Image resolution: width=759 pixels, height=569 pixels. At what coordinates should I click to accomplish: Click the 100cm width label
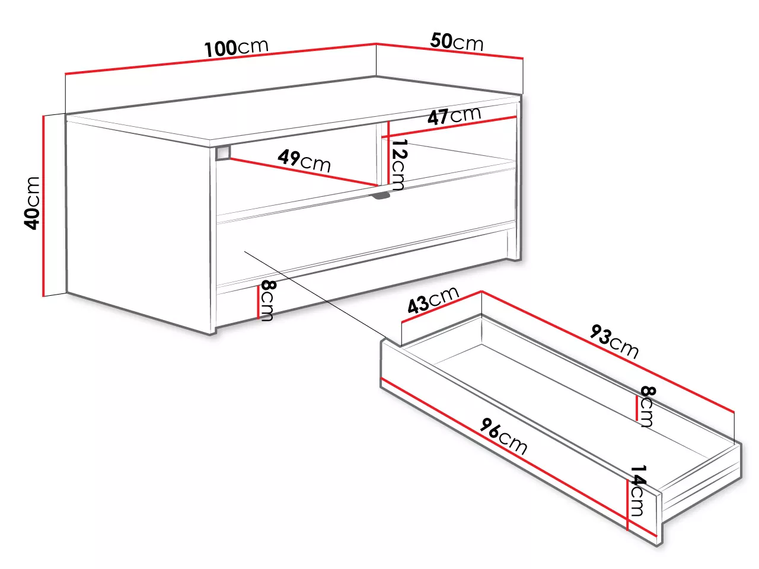(x=237, y=47)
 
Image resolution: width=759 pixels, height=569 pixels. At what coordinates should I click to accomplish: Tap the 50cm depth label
(x=457, y=41)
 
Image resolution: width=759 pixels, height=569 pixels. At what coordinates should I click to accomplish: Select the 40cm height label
(x=32, y=203)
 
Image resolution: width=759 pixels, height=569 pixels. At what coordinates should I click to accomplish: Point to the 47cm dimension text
(x=454, y=116)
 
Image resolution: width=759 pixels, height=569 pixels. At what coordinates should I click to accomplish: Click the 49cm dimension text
(x=304, y=161)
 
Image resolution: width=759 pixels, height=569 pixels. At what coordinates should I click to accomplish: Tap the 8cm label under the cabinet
(x=267, y=301)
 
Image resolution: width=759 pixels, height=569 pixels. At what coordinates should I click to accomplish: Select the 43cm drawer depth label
(x=433, y=300)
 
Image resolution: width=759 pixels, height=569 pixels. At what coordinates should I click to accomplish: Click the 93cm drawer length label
(x=614, y=341)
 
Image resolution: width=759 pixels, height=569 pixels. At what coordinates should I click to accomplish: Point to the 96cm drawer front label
(x=503, y=436)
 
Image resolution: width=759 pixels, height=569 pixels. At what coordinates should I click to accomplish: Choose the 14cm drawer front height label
(x=638, y=491)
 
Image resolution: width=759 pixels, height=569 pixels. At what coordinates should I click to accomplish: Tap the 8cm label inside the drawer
(x=648, y=406)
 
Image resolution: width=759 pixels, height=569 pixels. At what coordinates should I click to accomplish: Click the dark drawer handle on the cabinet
(x=381, y=196)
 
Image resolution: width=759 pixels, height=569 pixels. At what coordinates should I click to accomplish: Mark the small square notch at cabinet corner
(x=223, y=153)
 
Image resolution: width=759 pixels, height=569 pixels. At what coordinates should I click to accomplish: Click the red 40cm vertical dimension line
(x=43, y=206)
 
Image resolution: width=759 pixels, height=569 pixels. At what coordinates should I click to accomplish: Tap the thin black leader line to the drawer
(x=315, y=294)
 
